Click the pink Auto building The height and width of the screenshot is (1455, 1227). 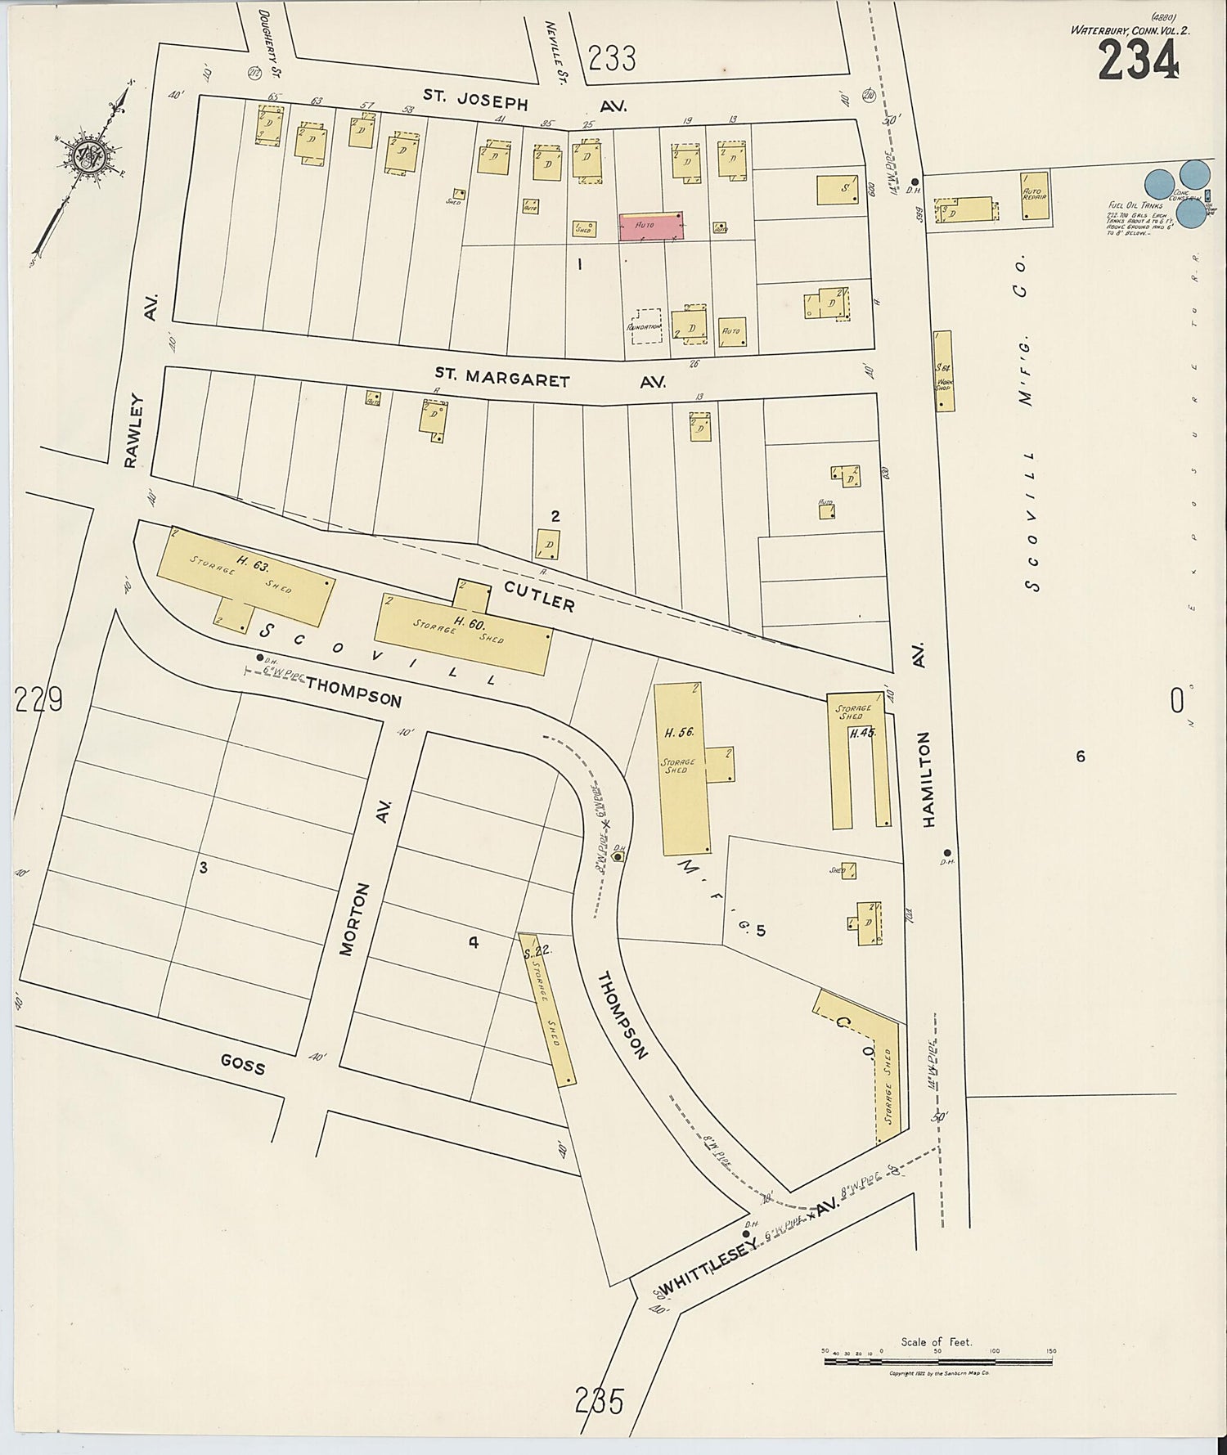click(651, 226)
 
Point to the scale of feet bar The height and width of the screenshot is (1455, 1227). click(937, 1361)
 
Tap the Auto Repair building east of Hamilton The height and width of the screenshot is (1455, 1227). click(1035, 195)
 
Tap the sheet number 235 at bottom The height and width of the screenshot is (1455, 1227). click(600, 1401)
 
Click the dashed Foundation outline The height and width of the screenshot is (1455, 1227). click(646, 326)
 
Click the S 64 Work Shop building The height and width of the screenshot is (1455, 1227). click(944, 370)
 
